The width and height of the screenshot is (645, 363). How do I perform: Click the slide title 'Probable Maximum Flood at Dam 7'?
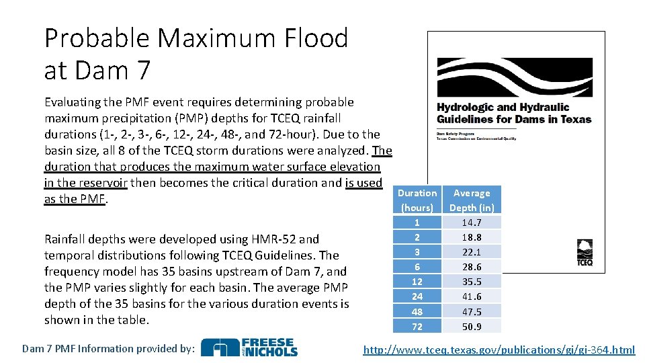pos(196,54)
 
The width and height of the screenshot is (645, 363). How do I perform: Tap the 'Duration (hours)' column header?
pos(417,200)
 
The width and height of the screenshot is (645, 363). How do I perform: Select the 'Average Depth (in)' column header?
pos(472,200)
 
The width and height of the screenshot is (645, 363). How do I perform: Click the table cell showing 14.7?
pos(472,223)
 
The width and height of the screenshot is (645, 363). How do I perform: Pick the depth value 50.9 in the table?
pos(472,327)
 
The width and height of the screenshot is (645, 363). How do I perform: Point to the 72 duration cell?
pos(417,327)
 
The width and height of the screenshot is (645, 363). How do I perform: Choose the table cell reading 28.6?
pos(472,267)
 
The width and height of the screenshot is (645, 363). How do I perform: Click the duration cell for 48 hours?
pos(417,312)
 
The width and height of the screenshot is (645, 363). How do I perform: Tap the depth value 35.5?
pos(472,282)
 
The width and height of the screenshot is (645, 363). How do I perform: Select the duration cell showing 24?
pos(417,296)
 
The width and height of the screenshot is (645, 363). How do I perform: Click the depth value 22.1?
pos(472,252)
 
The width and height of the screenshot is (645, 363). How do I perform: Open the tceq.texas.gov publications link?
pos(499,350)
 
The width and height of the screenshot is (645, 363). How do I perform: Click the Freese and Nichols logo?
pos(249,348)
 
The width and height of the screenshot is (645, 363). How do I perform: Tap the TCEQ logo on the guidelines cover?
pos(585,254)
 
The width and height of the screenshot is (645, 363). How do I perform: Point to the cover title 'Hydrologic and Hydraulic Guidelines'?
pos(514,113)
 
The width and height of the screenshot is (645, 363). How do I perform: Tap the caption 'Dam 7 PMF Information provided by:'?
pos(108,348)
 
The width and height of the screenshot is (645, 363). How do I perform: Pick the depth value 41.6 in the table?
pos(472,296)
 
